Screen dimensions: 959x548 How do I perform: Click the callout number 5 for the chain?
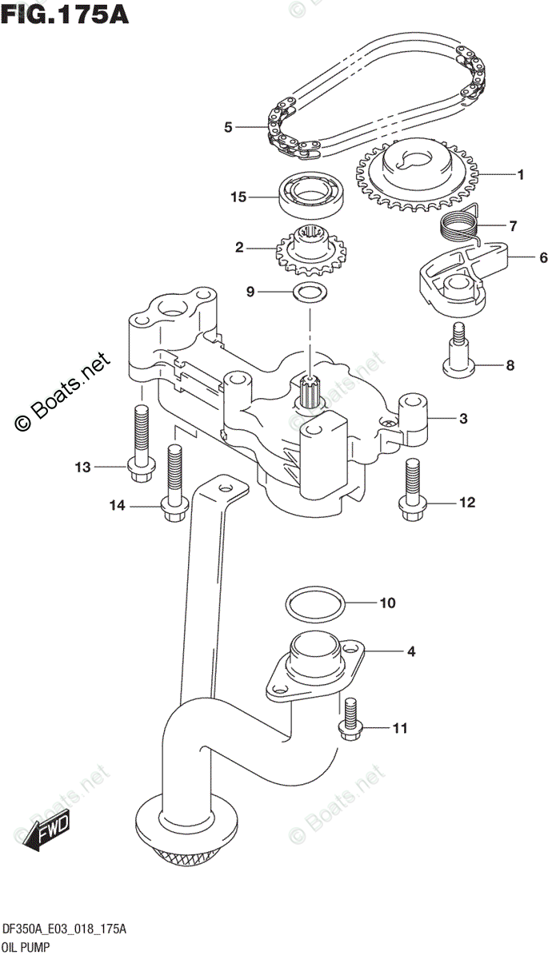(x=228, y=127)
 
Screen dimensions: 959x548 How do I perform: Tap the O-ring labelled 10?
(x=316, y=604)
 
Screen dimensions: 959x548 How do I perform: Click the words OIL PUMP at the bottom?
(x=27, y=949)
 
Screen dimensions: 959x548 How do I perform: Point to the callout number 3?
(x=463, y=418)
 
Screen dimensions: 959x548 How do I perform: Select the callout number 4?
(x=410, y=652)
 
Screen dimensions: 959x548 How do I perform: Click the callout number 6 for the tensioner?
(x=520, y=257)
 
